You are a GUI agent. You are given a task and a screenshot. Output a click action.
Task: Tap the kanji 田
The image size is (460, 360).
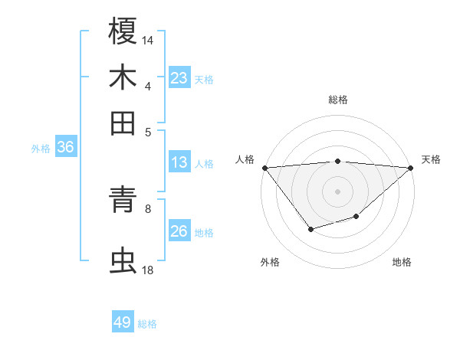[x=123, y=123]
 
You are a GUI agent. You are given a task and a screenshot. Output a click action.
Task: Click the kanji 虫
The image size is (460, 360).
[x=123, y=260]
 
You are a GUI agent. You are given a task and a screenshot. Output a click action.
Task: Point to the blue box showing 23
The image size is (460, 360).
[x=179, y=78]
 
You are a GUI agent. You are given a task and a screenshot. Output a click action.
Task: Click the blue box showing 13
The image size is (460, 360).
[x=179, y=162]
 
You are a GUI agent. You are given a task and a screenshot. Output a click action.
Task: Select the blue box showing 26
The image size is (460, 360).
[x=179, y=231]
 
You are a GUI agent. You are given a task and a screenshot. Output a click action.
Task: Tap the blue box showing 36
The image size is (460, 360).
[x=65, y=148]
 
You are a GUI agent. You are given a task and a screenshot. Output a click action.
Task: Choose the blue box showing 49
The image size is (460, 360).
[x=123, y=322]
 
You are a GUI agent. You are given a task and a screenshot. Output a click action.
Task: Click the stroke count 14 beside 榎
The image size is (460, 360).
[x=148, y=39]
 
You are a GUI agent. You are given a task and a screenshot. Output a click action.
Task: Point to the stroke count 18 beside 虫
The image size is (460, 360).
[x=148, y=270]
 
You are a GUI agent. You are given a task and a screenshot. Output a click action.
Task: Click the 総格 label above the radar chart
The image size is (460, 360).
[x=337, y=100]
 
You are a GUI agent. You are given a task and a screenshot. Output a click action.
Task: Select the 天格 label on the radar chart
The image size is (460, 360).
[x=431, y=159]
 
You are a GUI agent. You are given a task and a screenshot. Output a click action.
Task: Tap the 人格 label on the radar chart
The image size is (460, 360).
[x=245, y=159]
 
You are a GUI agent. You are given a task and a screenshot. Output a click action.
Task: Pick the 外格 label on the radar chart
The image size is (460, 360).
[x=270, y=262]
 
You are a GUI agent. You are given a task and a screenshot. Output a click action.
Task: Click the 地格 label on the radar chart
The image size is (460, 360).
[x=402, y=262]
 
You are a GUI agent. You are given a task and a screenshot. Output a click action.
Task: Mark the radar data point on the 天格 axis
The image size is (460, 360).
[x=411, y=168]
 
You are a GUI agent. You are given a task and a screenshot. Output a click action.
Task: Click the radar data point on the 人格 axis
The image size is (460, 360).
[x=264, y=168]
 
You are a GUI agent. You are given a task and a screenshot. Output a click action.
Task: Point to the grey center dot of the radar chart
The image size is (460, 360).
[x=337, y=191]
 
